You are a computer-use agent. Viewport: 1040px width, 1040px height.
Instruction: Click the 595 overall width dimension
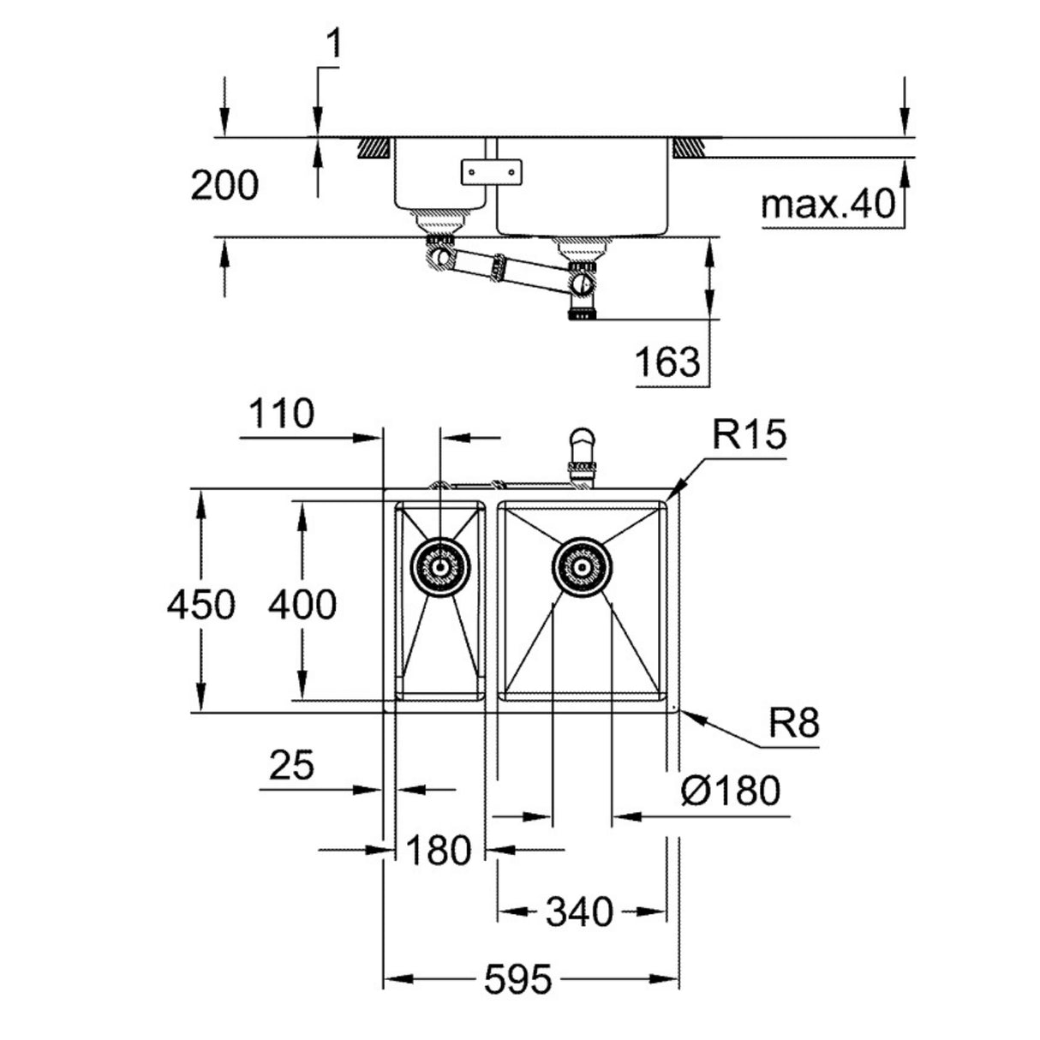pos(517,979)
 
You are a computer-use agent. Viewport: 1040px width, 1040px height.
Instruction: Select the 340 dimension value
pos(581,911)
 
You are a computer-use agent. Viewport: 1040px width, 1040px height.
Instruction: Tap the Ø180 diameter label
pos(730,790)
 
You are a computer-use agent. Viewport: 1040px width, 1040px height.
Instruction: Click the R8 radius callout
pos(792,725)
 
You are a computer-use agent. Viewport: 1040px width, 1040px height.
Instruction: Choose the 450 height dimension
pos(200,605)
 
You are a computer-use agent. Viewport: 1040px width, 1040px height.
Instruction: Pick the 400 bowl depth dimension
pos(302,605)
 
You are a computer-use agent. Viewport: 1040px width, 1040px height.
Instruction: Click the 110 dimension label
pos(281,415)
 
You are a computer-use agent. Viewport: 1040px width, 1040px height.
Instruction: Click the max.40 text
pos(827,205)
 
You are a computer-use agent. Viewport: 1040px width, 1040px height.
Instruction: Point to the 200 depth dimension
pos(224,185)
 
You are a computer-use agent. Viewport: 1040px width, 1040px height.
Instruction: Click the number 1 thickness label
pos(333,45)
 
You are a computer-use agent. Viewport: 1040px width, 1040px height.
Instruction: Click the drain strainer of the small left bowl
pos(440,566)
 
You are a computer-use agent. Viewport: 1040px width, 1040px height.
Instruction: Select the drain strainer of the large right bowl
pos(582,566)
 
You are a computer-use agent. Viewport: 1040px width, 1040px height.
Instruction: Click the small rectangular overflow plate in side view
pos(490,171)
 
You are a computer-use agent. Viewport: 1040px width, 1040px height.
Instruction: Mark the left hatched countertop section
pos(375,147)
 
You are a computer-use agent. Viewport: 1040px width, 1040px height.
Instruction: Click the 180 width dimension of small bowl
pos(438,851)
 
